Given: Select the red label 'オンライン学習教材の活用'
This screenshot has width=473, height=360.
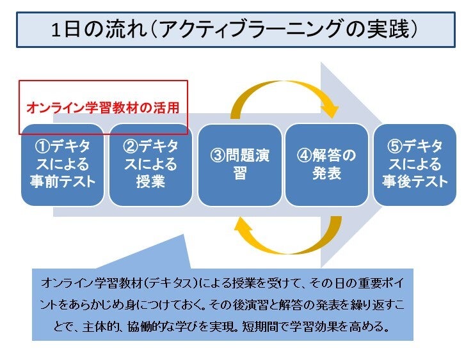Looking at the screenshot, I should tap(102, 108).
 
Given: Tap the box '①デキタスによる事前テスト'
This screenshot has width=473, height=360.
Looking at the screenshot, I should tap(62, 164).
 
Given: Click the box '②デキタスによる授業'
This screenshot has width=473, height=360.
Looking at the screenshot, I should tap(150, 164).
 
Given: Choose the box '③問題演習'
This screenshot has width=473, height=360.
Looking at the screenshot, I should tap(239, 164).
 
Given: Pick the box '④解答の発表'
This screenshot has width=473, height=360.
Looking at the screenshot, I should tap(326, 164).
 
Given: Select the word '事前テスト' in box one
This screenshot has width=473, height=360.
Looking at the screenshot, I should tap(62, 181).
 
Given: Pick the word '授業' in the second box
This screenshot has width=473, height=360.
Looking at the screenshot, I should tap(150, 181).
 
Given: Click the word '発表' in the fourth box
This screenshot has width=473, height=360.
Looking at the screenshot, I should tap(326, 173).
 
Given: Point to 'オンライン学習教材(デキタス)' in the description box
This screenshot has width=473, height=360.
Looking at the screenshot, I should tap(122, 283).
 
